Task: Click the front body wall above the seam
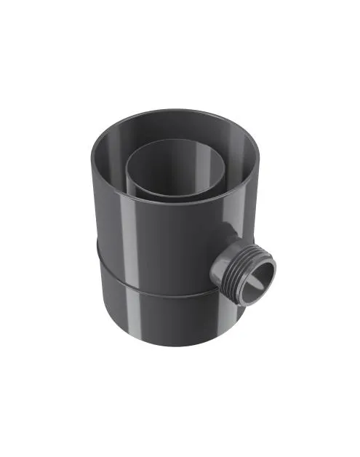(x=167, y=240)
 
